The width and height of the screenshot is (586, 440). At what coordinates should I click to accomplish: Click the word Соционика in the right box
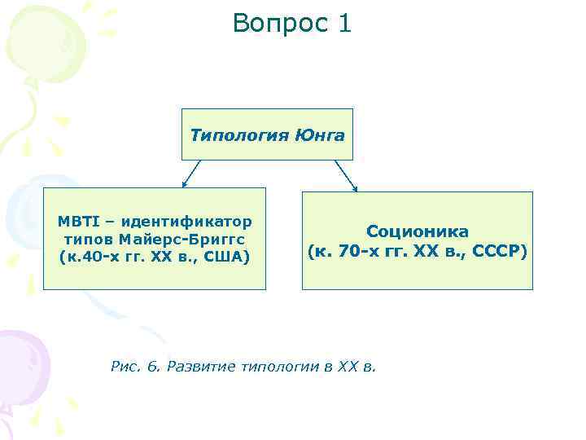coord(417,232)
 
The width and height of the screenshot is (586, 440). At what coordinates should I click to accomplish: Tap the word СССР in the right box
coord(498,250)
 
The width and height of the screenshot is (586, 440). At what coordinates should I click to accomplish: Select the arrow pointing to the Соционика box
coord(346,176)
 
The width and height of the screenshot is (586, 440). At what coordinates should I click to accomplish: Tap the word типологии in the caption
coord(280,366)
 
